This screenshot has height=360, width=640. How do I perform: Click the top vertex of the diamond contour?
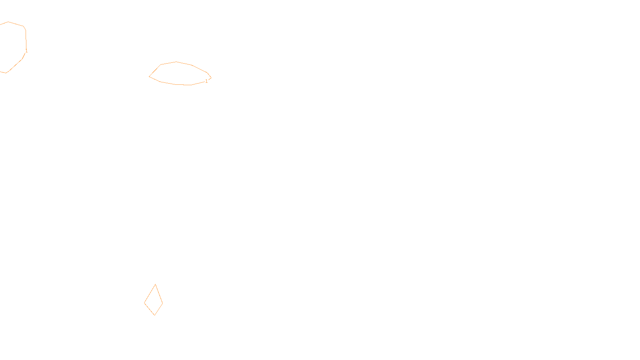click(x=155, y=284)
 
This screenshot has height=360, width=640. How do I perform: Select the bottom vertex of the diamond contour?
click(x=154, y=315)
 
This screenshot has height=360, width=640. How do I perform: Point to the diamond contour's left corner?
click(x=144, y=303)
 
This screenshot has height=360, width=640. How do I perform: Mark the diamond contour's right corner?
click(x=163, y=303)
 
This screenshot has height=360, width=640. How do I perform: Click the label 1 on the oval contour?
click(x=206, y=81)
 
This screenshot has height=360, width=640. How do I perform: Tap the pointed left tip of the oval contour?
click(x=149, y=76)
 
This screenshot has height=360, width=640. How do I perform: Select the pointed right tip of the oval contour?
click(x=211, y=78)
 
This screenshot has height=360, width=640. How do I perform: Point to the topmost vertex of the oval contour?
click(x=176, y=62)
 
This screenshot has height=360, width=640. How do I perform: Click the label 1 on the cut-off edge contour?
click(x=26, y=51)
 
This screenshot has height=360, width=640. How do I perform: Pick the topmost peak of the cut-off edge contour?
click(x=8, y=22)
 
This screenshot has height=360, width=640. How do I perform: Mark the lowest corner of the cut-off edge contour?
click(x=6, y=73)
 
